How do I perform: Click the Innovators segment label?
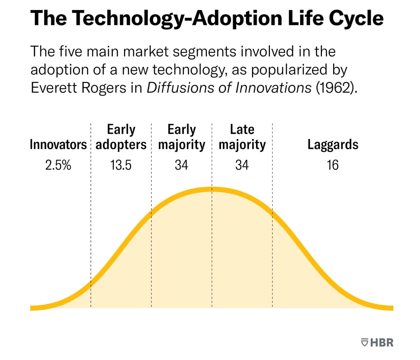58,145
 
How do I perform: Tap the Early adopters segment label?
121,137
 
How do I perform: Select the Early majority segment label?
181,137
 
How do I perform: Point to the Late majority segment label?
242,137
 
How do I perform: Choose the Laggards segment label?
332,145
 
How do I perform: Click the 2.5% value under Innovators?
58,165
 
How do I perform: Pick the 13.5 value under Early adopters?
121,165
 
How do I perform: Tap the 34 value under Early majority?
181,165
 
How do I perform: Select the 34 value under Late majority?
242,165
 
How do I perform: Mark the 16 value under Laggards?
332,165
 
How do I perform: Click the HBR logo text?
382,343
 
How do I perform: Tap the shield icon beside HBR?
365,343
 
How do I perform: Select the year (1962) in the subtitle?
336,88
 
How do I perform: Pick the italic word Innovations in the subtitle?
273,88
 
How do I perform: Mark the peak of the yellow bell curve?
212,189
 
